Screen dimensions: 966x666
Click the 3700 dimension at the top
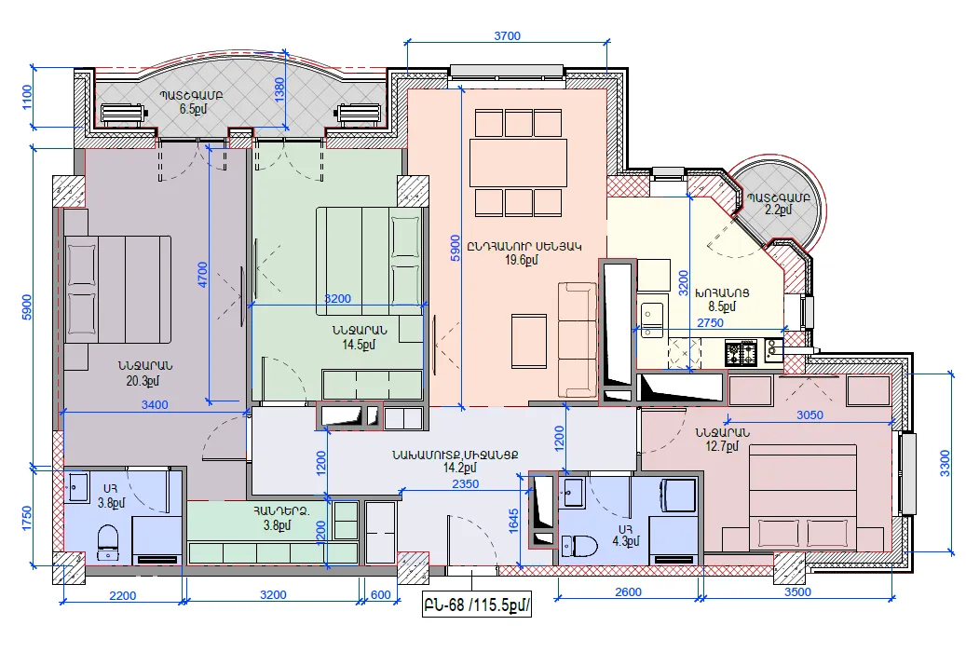[x=507, y=35]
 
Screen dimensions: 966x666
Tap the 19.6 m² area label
[x=522, y=260]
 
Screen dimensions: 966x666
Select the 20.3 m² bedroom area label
[x=143, y=381]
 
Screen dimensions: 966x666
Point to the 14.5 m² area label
[x=359, y=345]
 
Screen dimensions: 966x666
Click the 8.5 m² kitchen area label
[x=721, y=306]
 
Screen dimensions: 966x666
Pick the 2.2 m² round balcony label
[x=778, y=211]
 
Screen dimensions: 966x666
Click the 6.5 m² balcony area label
[x=193, y=109]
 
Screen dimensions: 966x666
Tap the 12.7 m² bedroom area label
[x=721, y=446]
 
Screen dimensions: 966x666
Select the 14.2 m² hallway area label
[x=459, y=469]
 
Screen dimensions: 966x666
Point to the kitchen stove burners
[x=741, y=352]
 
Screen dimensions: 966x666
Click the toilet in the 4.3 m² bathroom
[x=579, y=545]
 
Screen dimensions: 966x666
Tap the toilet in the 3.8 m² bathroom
[x=108, y=541]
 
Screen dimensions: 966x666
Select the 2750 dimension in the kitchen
[x=710, y=323]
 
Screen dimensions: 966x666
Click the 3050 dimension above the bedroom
[x=810, y=415]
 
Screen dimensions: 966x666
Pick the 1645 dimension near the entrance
[x=514, y=520]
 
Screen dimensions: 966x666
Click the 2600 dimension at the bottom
[x=628, y=592]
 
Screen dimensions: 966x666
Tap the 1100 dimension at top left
[x=27, y=97]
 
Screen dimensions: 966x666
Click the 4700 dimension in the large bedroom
[x=203, y=275]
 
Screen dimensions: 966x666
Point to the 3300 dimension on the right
[x=946, y=463]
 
